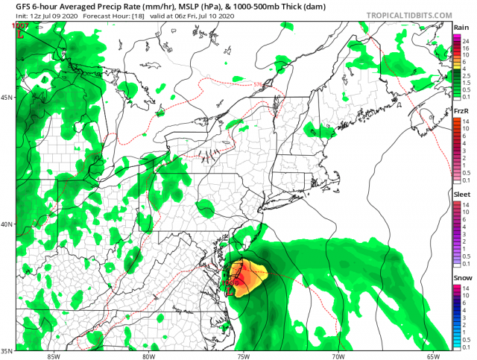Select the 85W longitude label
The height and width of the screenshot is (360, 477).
tap(52, 355)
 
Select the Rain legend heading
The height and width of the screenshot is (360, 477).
tap(461, 27)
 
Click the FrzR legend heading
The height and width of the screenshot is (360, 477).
tap(461, 111)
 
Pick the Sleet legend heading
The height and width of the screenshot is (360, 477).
tap(461, 193)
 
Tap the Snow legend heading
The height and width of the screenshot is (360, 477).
tap(461, 277)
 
